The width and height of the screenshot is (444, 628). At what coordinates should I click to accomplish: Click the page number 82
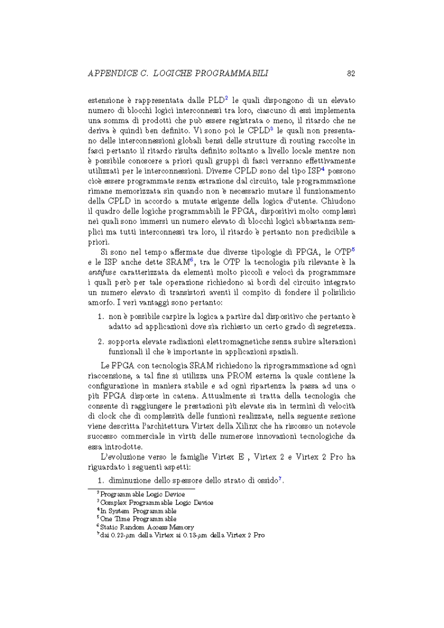tap(351, 73)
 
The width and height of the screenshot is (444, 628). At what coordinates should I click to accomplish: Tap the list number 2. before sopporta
tap(100, 342)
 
